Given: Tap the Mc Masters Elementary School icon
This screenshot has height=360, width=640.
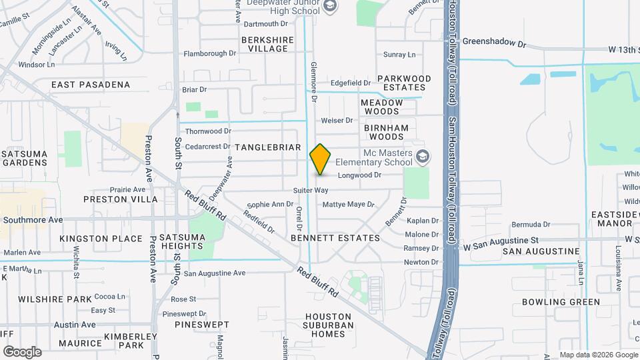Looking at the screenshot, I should [x=421, y=157].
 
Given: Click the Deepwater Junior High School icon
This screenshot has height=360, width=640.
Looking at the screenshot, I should [x=329, y=7].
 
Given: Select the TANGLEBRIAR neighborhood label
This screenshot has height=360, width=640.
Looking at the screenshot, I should [x=267, y=147].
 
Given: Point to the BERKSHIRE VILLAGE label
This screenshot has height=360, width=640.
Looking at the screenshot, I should [x=267, y=44].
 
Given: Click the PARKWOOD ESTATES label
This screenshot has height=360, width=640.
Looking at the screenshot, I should [x=404, y=83].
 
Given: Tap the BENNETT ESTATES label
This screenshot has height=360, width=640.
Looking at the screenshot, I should [x=335, y=238].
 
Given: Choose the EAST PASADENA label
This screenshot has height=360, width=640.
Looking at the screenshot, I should [x=91, y=85].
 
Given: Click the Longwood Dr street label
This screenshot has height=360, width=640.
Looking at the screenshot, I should [x=359, y=176].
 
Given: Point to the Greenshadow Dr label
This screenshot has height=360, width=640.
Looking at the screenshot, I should [x=494, y=43].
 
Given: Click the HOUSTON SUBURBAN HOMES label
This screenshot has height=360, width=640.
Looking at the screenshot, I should [x=328, y=325].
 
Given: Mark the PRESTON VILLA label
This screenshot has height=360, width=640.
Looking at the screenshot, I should [x=121, y=199].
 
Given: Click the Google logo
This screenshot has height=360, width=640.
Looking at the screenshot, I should [x=22, y=351].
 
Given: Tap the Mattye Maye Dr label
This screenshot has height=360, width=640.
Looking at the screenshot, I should [x=349, y=205].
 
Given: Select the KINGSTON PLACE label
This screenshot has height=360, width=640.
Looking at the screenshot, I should [x=101, y=239].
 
